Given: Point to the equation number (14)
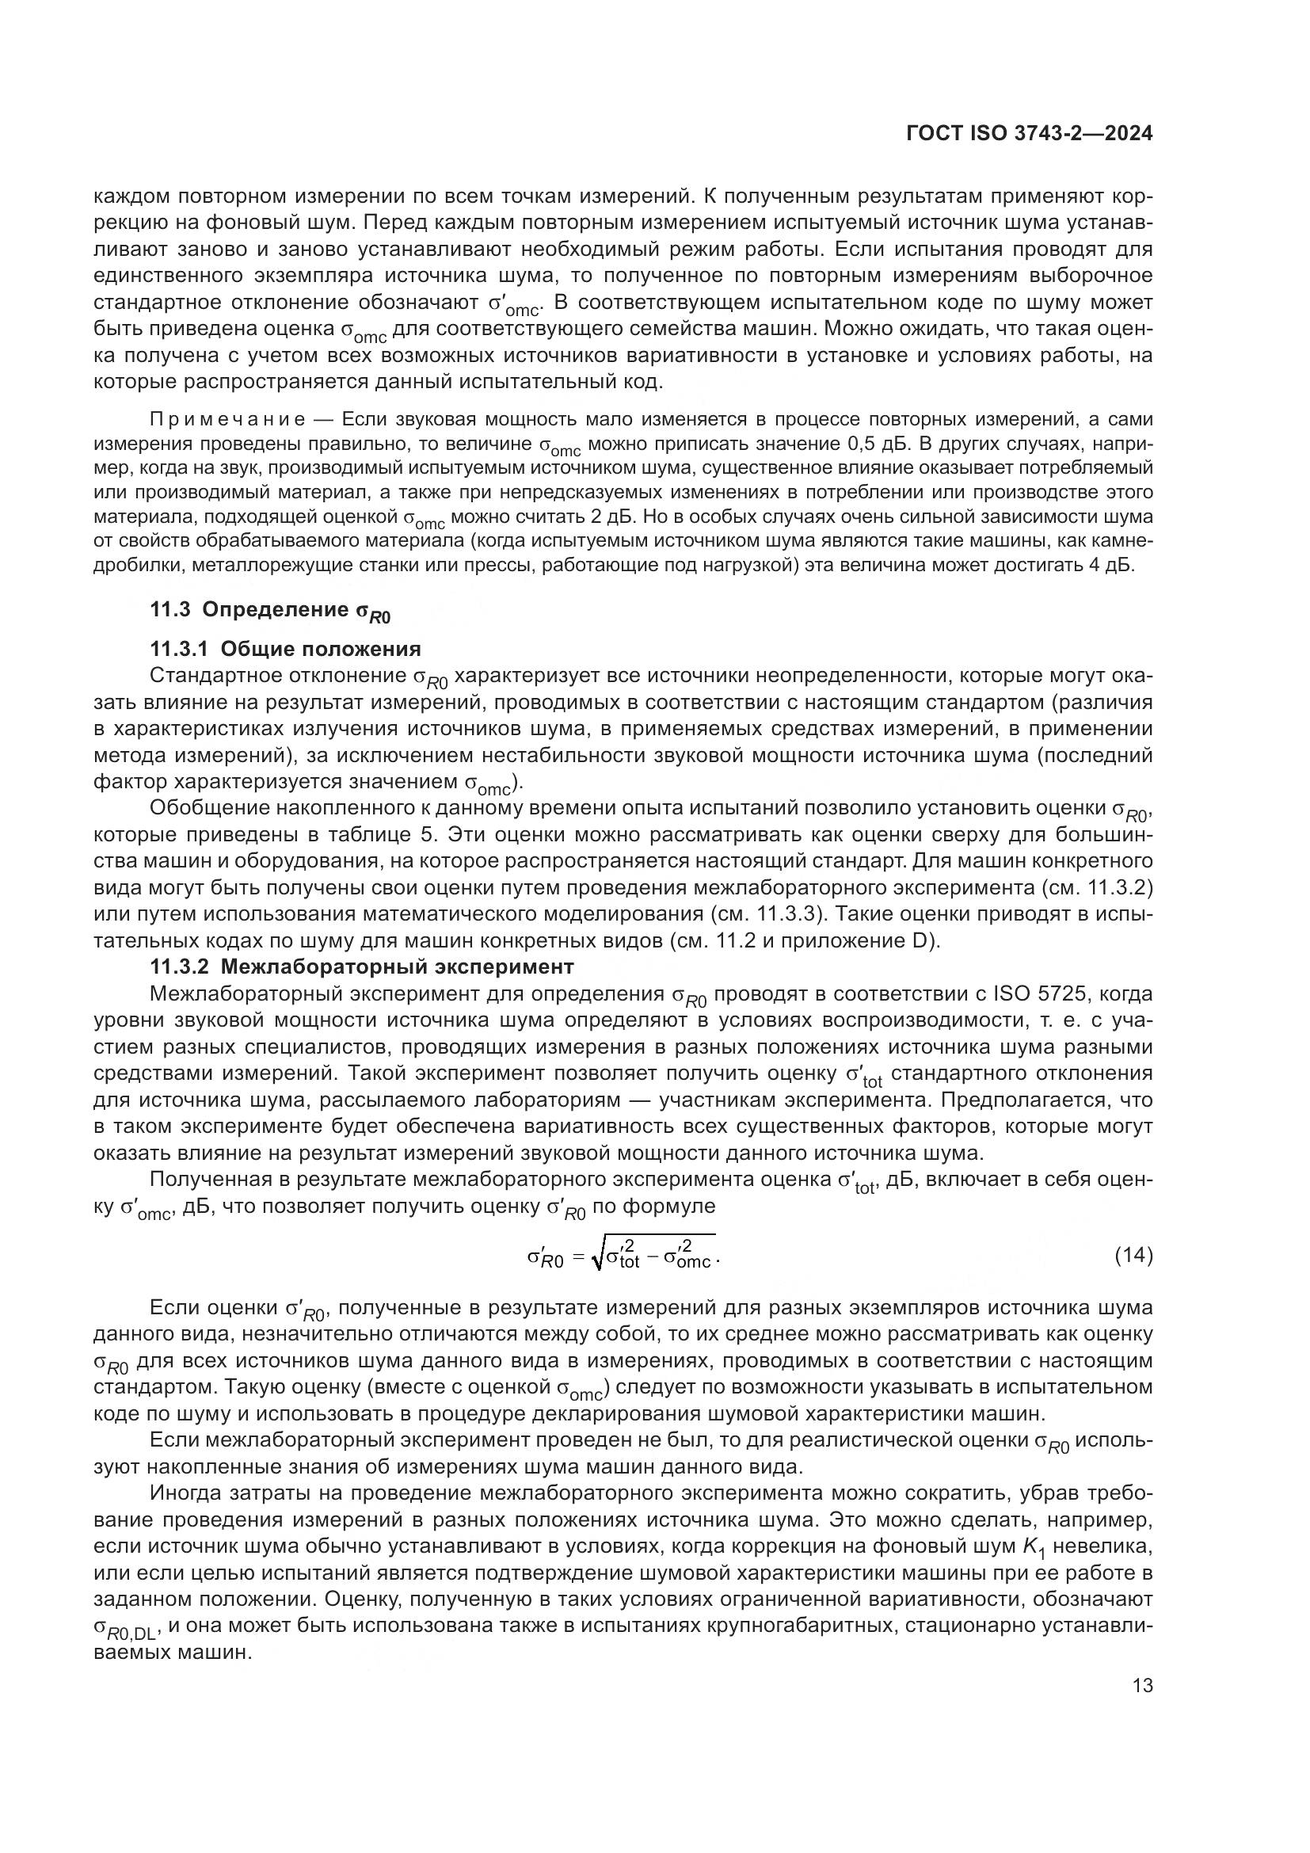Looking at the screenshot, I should [1133, 1255].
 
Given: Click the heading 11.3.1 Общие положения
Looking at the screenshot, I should [286, 649].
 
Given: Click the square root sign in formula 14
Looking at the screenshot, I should [597, 1256].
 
